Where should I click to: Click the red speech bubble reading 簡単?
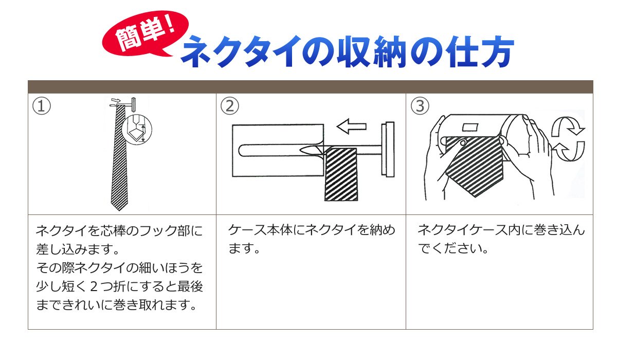145,33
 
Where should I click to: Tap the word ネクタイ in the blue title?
239,51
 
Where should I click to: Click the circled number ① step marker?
42,106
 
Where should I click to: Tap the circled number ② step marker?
230,106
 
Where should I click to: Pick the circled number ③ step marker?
420,106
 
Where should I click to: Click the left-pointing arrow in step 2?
352,127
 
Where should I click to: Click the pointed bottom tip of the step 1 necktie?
119,210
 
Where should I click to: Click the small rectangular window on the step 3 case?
470,127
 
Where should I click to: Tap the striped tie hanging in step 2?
341,174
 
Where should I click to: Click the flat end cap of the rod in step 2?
388,149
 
